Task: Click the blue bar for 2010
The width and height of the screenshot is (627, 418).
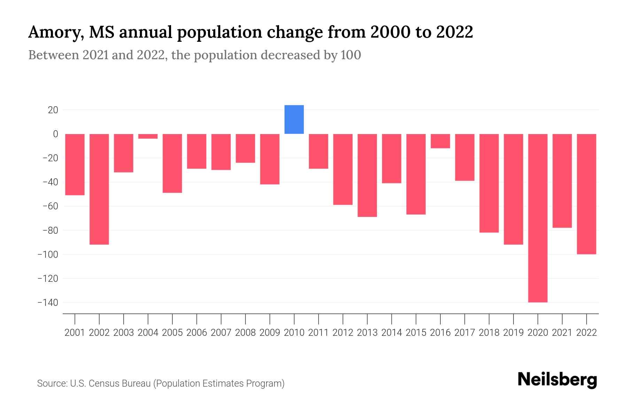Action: pos(294,119)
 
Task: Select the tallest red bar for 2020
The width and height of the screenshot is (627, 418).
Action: pos(537,218)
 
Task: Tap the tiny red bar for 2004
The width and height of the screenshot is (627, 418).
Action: pos(148,136)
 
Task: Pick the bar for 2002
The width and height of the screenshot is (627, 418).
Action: pos(99,189)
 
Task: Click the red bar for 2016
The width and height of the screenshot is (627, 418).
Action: pos(440,141)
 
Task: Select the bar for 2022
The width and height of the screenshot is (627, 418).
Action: pos(586,194)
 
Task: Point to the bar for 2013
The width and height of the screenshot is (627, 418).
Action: pos(367,175)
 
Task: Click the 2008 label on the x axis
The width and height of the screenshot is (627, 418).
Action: pos(245,333)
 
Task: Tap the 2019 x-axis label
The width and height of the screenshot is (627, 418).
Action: pos(513,333)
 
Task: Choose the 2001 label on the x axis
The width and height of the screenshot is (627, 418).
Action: pos(75,333)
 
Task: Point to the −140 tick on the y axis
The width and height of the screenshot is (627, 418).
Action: pos(48,302)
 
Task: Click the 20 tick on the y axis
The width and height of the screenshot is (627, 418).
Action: pos(53,110)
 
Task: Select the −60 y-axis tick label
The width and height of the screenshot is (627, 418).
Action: pos(50,206)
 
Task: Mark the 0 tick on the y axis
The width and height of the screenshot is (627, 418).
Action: pos(55,134)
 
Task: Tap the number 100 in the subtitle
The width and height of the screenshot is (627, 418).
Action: pos(350,55)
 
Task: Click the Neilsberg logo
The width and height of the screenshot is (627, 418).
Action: pos(557,380)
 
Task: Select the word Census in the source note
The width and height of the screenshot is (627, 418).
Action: pos(104,384)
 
